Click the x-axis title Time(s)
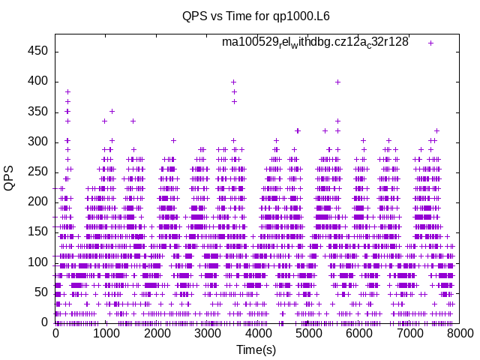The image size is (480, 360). [x=256, y=350]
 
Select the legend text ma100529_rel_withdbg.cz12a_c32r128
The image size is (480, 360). [x=315, y=42]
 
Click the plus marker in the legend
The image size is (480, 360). [x=430, y=43]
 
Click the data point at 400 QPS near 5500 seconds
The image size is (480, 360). [x=337, y=82]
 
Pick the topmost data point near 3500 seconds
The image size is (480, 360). [x=233, y=82]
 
